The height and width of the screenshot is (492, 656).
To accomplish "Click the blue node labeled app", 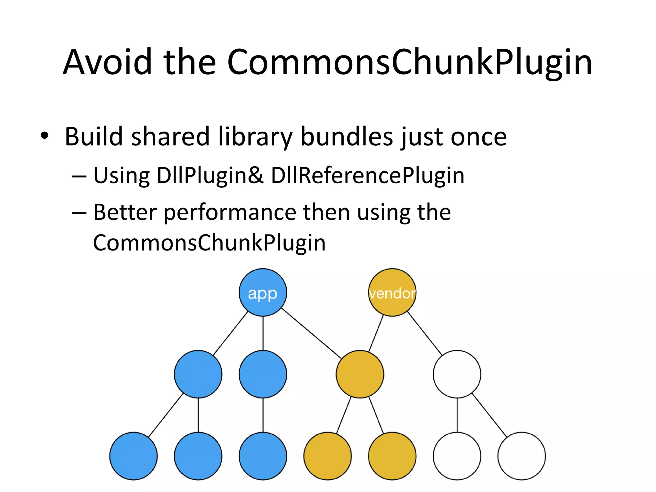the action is [263, 292].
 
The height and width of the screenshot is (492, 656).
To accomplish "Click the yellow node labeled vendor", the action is [392, 292].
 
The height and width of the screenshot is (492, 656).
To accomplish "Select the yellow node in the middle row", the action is [360, 374].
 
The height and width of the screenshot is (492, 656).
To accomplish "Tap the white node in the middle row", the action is [457, 374].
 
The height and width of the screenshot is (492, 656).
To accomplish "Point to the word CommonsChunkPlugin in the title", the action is [409, 62].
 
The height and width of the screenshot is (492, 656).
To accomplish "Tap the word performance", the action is [230, 213].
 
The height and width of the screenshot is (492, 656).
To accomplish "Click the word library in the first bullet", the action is [255, 137].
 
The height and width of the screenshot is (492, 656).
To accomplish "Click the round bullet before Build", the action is [45, 136].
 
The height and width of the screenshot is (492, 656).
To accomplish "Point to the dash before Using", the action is [79, 176].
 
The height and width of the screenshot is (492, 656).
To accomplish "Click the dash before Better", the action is [79, 213].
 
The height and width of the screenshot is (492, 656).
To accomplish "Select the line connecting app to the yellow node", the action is [311, 333].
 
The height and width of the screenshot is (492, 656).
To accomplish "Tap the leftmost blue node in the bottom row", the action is [133, 456].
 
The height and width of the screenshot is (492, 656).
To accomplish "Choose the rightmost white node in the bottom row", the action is [521, 456].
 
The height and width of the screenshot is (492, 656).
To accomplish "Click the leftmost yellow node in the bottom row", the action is [327, 456].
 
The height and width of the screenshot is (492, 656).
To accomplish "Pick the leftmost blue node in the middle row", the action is [198, 374].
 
